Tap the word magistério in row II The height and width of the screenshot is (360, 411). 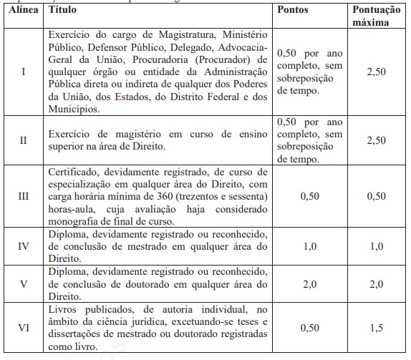point(122,135)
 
